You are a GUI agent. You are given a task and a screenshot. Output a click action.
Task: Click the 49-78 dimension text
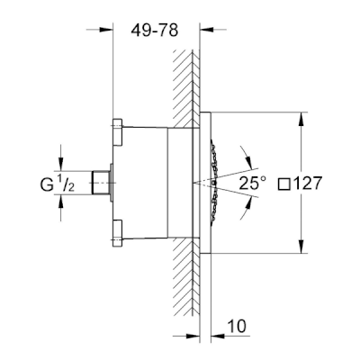pyautogui.click(x=155, y=31)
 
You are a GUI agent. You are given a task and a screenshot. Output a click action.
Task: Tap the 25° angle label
pyautogui.click(x=253, y=183)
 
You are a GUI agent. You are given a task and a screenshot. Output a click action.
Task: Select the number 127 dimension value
pyautogui.click(x=307, y=183)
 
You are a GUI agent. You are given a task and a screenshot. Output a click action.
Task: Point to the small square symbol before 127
pyautogui.click(x=283, y=184)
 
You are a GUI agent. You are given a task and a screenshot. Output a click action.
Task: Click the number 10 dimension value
pyautogui.click(x=237, y=326)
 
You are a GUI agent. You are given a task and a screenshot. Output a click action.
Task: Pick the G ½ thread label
pyautogui.click(x=57, y=184)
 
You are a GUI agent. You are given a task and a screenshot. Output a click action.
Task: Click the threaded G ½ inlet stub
pyautogui.click(x=101, y=183)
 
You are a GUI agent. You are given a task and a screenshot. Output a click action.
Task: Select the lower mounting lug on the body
pyautogui.click(x=117, y=233)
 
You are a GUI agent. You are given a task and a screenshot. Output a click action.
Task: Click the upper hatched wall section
pyautogui.click(x=186, y=88)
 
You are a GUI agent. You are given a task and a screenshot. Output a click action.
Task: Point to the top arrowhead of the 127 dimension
pyautogui.click(x=301, y=118)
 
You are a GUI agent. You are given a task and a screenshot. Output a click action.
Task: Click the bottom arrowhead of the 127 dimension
pyautogui.click(x=301, y=247)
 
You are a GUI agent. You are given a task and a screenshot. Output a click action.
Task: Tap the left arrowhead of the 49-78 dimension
pyautogui.click(x=106, y=30)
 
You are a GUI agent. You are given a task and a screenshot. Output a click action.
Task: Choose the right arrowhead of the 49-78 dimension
pyautogui.click(x=206, y=30)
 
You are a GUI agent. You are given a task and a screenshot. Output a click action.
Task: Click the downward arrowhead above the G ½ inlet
pyautogui.click(x=61, y=166)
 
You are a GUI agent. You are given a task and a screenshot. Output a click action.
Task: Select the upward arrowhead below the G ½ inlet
pyautogui.click(x=61, y=201)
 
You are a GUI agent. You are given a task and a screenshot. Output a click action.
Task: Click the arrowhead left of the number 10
pyautogui.click(x=193, y=335)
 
